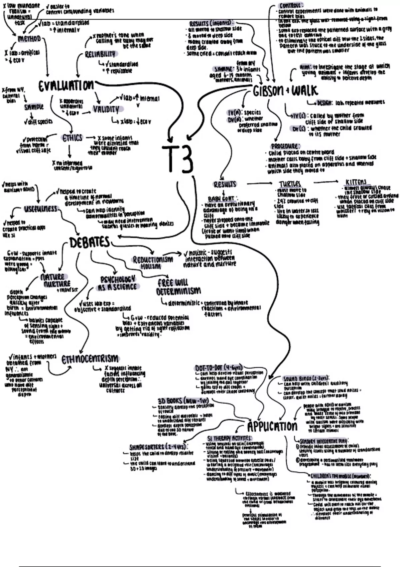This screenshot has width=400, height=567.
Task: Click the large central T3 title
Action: coord(178,159)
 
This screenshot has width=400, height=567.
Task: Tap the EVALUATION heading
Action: coord(66,86)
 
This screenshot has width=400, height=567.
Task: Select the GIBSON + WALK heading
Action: coord(285,91)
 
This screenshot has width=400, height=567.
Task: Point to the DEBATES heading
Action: coord(89,242)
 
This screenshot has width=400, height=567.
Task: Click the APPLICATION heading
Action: coord(272,426)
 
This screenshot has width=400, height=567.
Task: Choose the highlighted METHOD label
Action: coord(29,39)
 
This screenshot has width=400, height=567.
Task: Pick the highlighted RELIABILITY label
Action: coord(100,54)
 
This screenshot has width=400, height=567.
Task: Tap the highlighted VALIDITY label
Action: coord(106,109)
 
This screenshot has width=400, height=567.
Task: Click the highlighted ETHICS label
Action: coord(72,138)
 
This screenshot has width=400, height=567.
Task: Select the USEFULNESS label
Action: coord(41,209)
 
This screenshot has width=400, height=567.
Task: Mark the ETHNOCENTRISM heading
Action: coord(90,359)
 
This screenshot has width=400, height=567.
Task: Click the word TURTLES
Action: coord(290,184)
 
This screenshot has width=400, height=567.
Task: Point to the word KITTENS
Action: coord(356,182)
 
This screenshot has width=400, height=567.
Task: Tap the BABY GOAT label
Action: coord(221,199)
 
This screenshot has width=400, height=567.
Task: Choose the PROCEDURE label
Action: coord(285,146)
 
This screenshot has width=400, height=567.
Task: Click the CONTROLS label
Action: coord(291,5)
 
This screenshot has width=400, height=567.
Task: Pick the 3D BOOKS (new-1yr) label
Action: coord(183,401)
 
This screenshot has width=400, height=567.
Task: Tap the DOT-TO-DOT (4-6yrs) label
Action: coord(218,368)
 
